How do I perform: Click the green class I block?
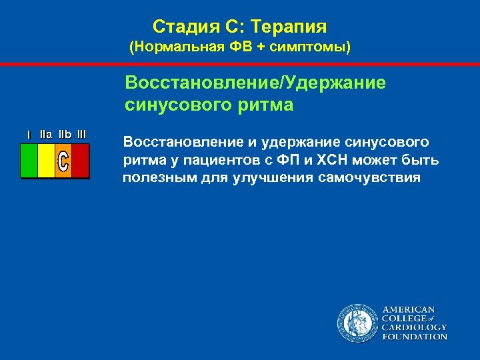click(x=29, y=161)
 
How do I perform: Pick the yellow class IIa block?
click(x=46, y=161)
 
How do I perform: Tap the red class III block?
click(x=80, y=161)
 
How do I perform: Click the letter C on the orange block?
click(x=63, y=162)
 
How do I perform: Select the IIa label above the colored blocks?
click(x=46, y=134)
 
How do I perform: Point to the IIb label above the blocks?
click(x=65, y=134)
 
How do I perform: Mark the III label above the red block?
click(x=81, y=134)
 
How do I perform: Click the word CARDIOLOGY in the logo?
click(x=414, y=327)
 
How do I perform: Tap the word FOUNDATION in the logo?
click(x=414, y=337)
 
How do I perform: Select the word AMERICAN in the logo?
click(x=408, y=309)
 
